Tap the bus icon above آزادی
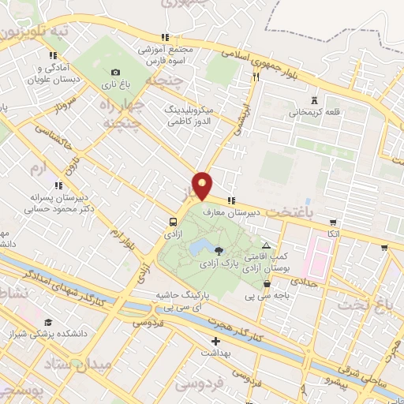(x=172, y=222)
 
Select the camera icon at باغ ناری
(x=116, y=72)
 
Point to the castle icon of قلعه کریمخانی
(x=315, y=100)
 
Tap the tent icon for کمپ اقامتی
(x=266, y=245)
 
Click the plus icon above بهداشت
(x=215, y=342)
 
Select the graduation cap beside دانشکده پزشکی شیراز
(x=48, y=323)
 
